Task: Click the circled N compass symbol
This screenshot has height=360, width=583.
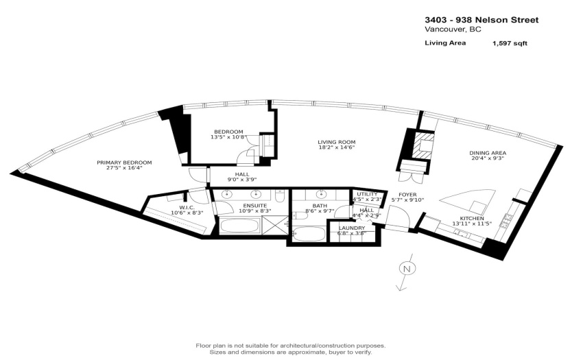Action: [x=407, y=269]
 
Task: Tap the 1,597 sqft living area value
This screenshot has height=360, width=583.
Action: [x=510, y=43]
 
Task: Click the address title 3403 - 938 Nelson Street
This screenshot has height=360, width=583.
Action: [x=481, y=20]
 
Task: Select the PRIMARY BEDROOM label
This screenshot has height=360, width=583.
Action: [x=124, y=163]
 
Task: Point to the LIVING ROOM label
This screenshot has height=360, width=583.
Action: [x=337, y=142]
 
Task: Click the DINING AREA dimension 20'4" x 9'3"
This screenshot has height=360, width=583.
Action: [x=488, y=158]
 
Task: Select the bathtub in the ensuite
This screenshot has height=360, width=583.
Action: [x=240, y=226]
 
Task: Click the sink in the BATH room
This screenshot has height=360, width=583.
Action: [x=320, y=194]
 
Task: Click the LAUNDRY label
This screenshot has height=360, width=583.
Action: [x=352, y=228]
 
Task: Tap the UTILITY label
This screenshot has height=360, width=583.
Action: [x=367, y=194]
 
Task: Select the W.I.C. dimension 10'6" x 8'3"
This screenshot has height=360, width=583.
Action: [x=187, y=213]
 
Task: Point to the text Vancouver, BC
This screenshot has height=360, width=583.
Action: [x=453, y=29]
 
